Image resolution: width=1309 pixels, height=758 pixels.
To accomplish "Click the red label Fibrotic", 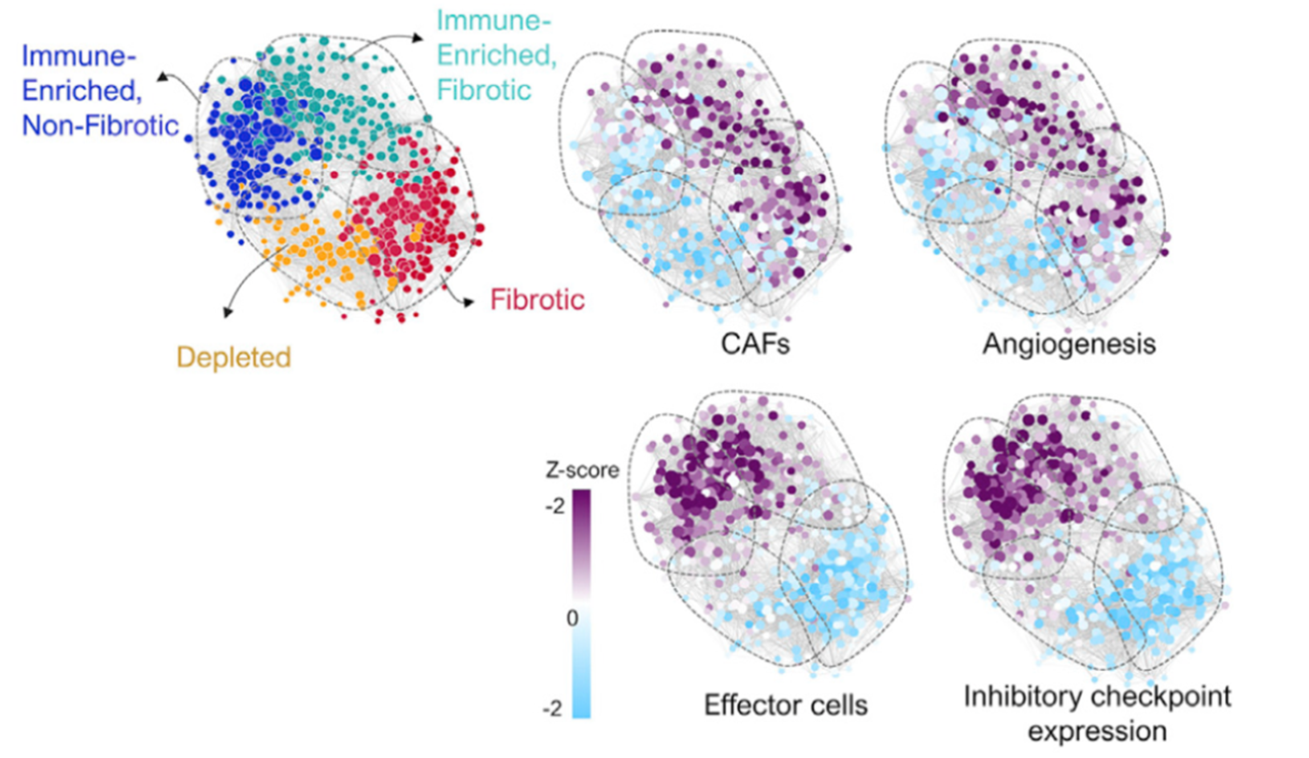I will pyautogui.click(x=537, y=300).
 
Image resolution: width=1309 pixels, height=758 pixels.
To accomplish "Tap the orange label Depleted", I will pyautogui.click(x=233, y=356).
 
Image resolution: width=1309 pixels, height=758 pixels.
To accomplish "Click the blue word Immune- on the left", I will pyautogui.click(x=77, y=55).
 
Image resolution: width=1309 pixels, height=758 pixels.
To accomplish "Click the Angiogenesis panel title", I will pyautogui.click(x=1069, y=344).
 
